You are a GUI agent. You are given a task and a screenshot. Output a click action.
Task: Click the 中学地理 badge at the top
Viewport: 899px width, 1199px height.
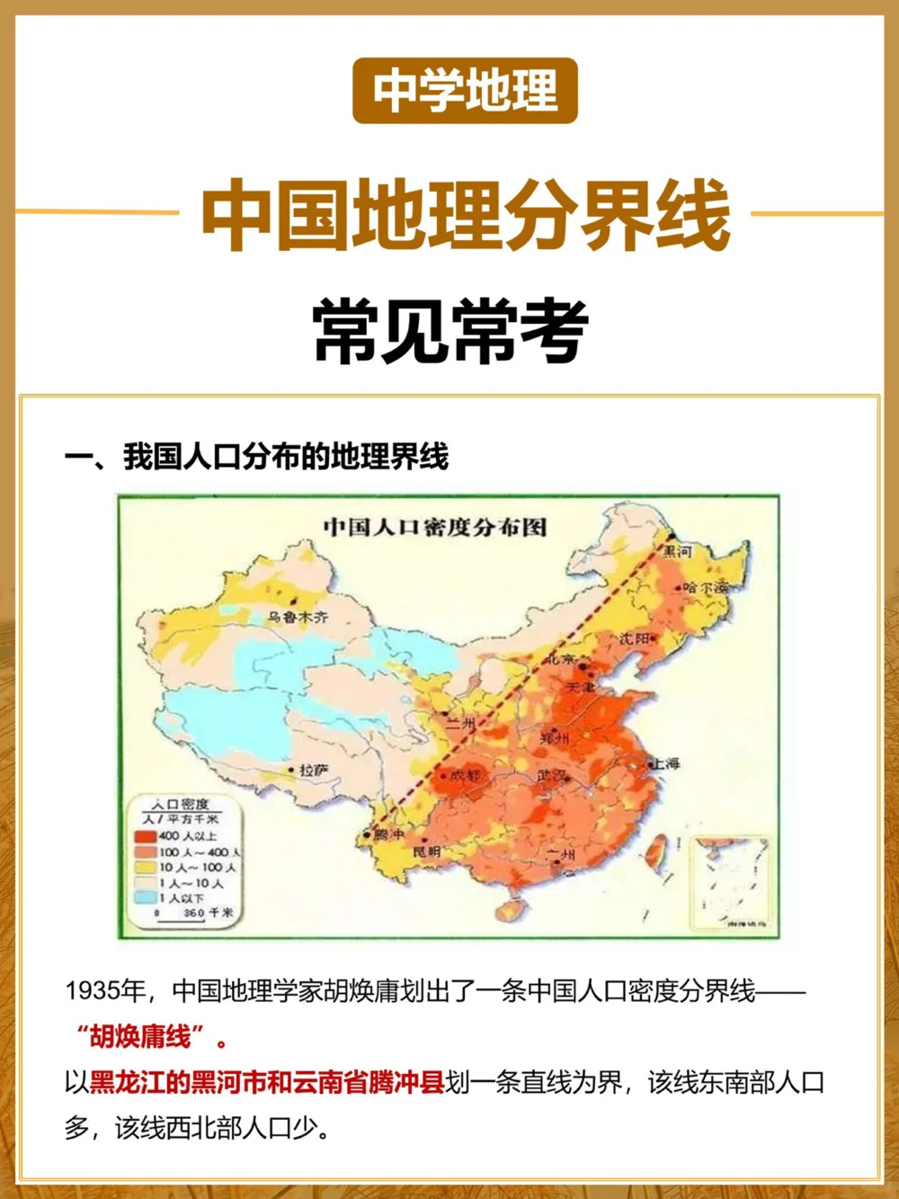click(465, 91)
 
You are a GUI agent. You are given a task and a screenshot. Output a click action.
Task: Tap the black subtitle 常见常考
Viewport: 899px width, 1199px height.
click(450, 331)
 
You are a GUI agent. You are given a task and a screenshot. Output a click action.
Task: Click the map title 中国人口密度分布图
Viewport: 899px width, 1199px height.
click(435, 527)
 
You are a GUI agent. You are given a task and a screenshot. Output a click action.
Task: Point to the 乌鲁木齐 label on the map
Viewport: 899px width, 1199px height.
click(298, 617)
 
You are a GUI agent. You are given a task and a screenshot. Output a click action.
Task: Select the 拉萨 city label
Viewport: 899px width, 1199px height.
click(313, 770)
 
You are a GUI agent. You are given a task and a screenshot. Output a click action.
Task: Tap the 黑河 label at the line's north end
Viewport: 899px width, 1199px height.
click(679, 550)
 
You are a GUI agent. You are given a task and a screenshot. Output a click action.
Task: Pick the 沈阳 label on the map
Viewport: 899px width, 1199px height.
click(634, 639)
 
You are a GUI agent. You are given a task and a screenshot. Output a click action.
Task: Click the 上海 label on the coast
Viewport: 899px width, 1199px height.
click(665, 763)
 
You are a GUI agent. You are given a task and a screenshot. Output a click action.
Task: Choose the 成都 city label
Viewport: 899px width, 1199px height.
click(465, 774)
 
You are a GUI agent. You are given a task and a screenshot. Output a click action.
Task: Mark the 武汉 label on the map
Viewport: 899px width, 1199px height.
click(552, 774)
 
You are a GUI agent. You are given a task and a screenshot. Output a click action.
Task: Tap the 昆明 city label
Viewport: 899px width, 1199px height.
click(426, 851)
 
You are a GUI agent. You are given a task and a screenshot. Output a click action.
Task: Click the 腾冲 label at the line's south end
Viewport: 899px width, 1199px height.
click(389, 835)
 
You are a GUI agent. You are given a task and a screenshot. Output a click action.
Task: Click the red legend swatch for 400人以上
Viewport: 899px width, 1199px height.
click(146, 836)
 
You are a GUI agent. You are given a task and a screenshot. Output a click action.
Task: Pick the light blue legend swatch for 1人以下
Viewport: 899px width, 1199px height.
click(146, 897)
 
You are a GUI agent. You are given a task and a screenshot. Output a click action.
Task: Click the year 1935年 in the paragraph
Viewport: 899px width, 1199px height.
click(105, 991)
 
